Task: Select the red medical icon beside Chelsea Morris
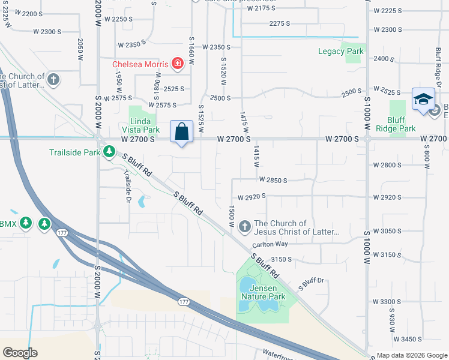(x=178, y=64)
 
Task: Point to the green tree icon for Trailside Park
(x=109, y=152)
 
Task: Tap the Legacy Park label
(x=346, y=52)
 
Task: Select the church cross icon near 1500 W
(x=244, y=227)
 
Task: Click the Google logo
(x=20, y=353)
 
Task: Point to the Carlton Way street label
(x=270, y=244)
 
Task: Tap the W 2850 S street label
(x=273, y=179)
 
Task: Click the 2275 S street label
(x=280, y=23)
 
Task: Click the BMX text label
(x=8, y=224)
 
